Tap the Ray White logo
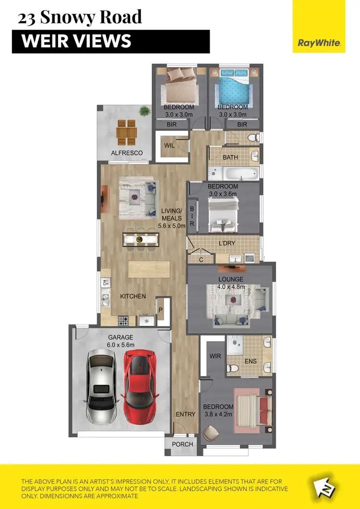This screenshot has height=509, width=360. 319,43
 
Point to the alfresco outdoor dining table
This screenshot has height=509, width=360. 127,131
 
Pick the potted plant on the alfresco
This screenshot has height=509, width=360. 144,111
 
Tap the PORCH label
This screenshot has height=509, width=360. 182,444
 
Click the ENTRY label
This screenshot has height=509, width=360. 185,414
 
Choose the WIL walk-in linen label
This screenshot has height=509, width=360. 168,145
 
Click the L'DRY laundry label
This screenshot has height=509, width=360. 227,243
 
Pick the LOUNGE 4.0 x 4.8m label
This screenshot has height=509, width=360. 231,283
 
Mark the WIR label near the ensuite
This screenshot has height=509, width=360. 215,356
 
